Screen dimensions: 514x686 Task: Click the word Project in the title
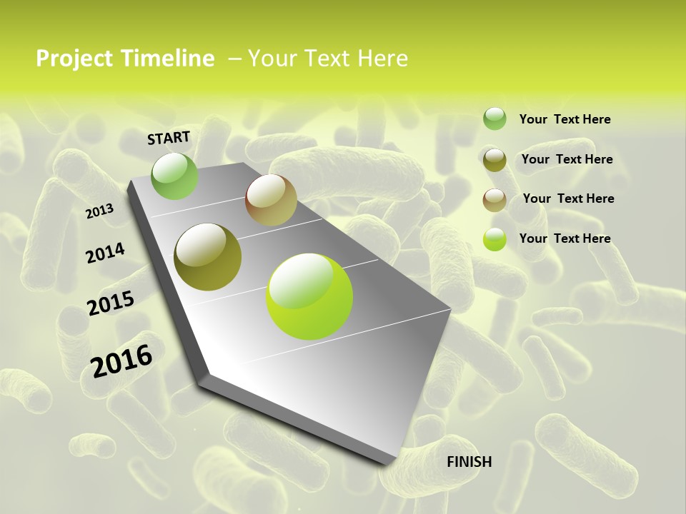click(x=73, y=59)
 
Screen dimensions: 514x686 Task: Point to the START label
click(x=169, y=138)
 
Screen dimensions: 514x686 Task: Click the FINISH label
click(x=469, y=462)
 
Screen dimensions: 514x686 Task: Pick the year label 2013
click(x=99, y=211)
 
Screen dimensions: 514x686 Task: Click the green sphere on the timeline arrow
click(x=174, y=176)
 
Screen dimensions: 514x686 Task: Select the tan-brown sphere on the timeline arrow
click(x=271, y=200)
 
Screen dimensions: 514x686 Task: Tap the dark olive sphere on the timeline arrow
click(x=207, y=257)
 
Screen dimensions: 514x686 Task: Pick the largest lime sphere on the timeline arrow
click(x=309, y=296)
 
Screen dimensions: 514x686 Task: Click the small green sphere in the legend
click(x=494, y=119)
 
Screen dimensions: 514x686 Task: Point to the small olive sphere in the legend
click(x=494, y=160)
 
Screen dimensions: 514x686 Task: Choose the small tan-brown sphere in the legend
click(x=494, y=200)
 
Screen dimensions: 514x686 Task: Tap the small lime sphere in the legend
click(x=494, y=240)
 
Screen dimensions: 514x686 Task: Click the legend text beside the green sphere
click(x=565, y=119)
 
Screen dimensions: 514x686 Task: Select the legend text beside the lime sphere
click(x=565, y=238)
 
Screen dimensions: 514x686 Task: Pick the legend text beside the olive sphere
click(x=567, y=159)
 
